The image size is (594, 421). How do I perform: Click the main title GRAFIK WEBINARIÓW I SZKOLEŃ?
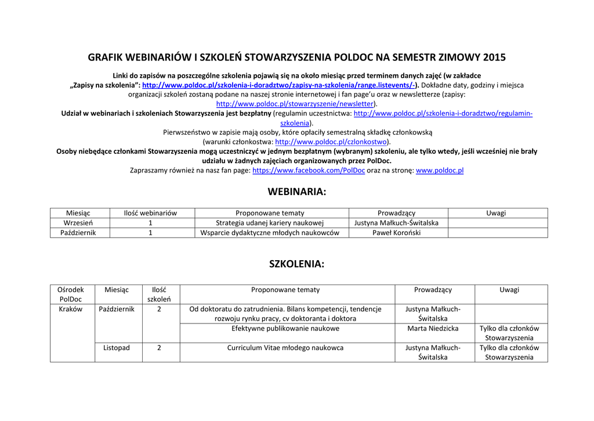[296, 57]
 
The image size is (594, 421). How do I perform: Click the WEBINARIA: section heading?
[296, 192]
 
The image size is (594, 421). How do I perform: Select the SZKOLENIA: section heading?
[296, 264]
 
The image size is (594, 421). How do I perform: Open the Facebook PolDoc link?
[309, 171]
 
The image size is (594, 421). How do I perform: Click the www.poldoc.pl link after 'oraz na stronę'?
[440, 171]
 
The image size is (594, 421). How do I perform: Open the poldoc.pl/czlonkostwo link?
[331, 142]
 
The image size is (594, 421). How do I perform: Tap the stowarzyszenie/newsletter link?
[295, 104]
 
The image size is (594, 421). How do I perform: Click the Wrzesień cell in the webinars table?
[78, 223]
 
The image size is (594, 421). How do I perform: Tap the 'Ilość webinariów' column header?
[150, 213]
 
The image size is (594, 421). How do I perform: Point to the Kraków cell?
[71, 310]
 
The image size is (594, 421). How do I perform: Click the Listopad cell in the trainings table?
[117, 348]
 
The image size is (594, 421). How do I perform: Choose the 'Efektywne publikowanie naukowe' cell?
[285, 329]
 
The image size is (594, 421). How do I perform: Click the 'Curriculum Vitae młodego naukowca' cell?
[285, 348]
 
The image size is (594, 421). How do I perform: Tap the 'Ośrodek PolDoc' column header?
[71, 294]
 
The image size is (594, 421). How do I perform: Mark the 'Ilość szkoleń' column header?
[159, 294]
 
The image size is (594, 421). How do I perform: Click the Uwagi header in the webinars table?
[496, 213]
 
